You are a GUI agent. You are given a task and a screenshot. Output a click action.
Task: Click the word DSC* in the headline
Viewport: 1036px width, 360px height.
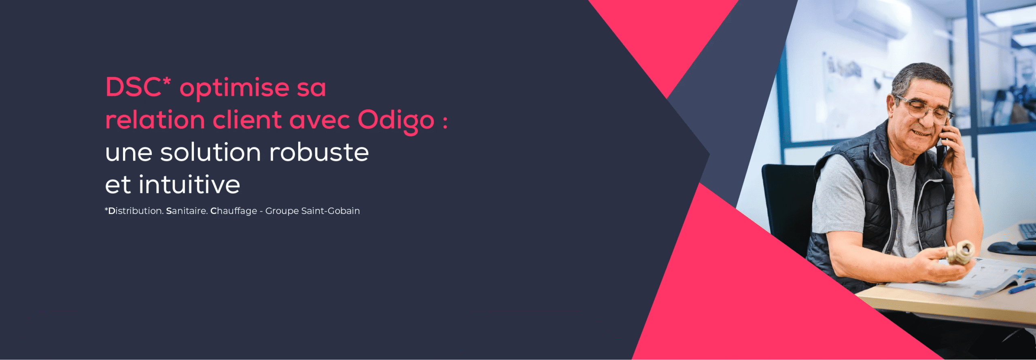tap(138, 87)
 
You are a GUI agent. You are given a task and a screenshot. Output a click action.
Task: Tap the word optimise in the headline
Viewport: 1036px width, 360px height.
tap(234, 89)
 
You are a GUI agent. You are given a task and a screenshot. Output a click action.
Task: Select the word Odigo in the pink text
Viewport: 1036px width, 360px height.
tap(396, 121)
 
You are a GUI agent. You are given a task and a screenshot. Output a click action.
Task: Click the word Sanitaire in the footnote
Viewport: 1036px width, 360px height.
tap(187, 211)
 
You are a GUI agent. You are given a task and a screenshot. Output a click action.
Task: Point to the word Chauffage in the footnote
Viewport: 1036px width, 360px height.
tap(234, 211)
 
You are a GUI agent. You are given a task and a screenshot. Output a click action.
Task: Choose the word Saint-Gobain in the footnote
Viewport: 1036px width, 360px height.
tap(330, 211)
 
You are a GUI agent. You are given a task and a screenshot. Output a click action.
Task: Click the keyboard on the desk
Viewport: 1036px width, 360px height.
tap(1028, 231)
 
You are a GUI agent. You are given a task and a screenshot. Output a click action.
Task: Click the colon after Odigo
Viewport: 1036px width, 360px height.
tap(445, 121)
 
